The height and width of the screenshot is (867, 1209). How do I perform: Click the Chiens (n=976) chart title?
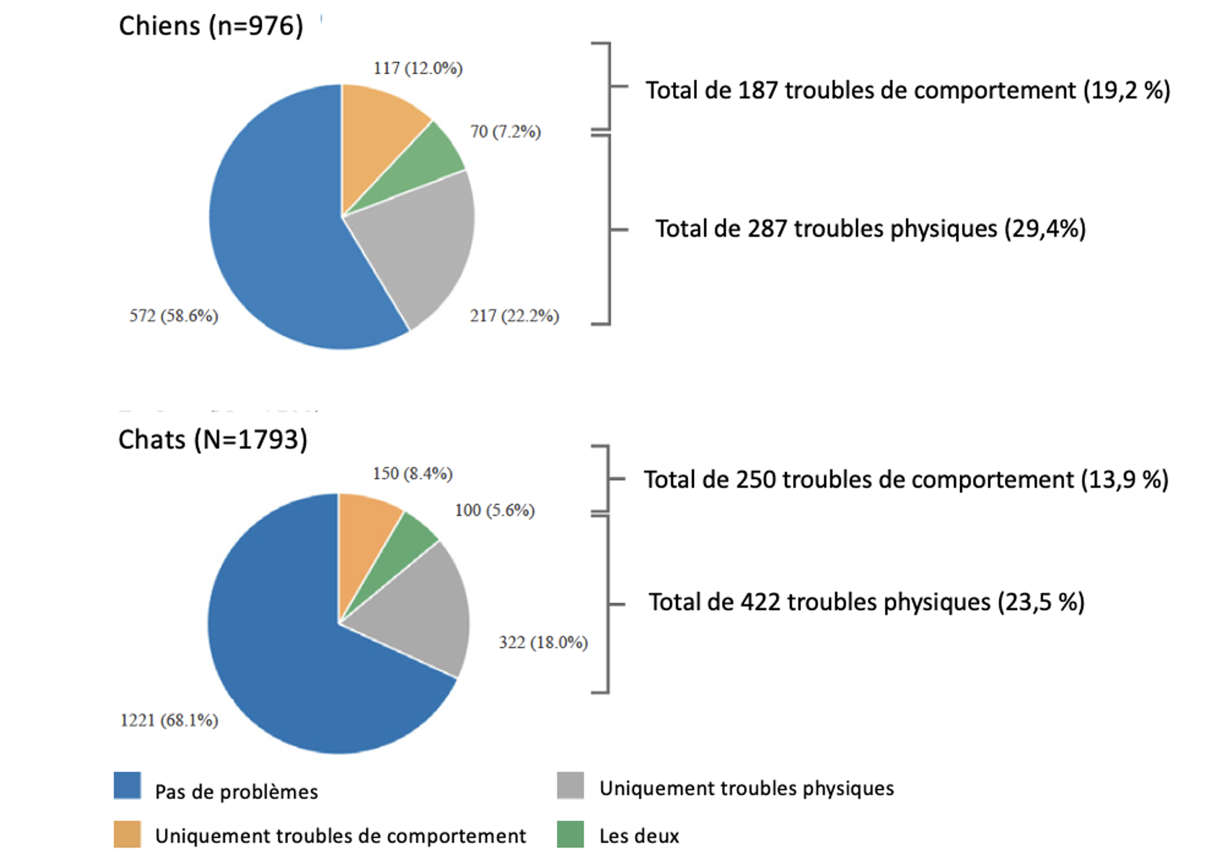[x=211, y=26]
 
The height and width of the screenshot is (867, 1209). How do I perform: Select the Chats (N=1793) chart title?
[x=213, y=439]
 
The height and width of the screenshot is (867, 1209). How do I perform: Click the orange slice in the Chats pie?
[x=364, y=534]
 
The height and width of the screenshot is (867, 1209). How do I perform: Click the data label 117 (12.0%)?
[x=418, y=69]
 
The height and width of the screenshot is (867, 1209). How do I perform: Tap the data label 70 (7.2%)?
[x=505, y=131]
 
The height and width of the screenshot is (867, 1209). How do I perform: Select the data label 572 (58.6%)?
[x=174, y=316]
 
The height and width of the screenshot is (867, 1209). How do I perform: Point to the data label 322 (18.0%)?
[x=543, y=642]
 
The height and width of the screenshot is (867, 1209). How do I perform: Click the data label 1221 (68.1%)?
[x=169, y=720]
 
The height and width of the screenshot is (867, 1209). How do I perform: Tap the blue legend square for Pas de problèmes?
[x=127, y=786]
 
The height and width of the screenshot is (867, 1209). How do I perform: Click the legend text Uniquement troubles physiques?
[x=747, y=788]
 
